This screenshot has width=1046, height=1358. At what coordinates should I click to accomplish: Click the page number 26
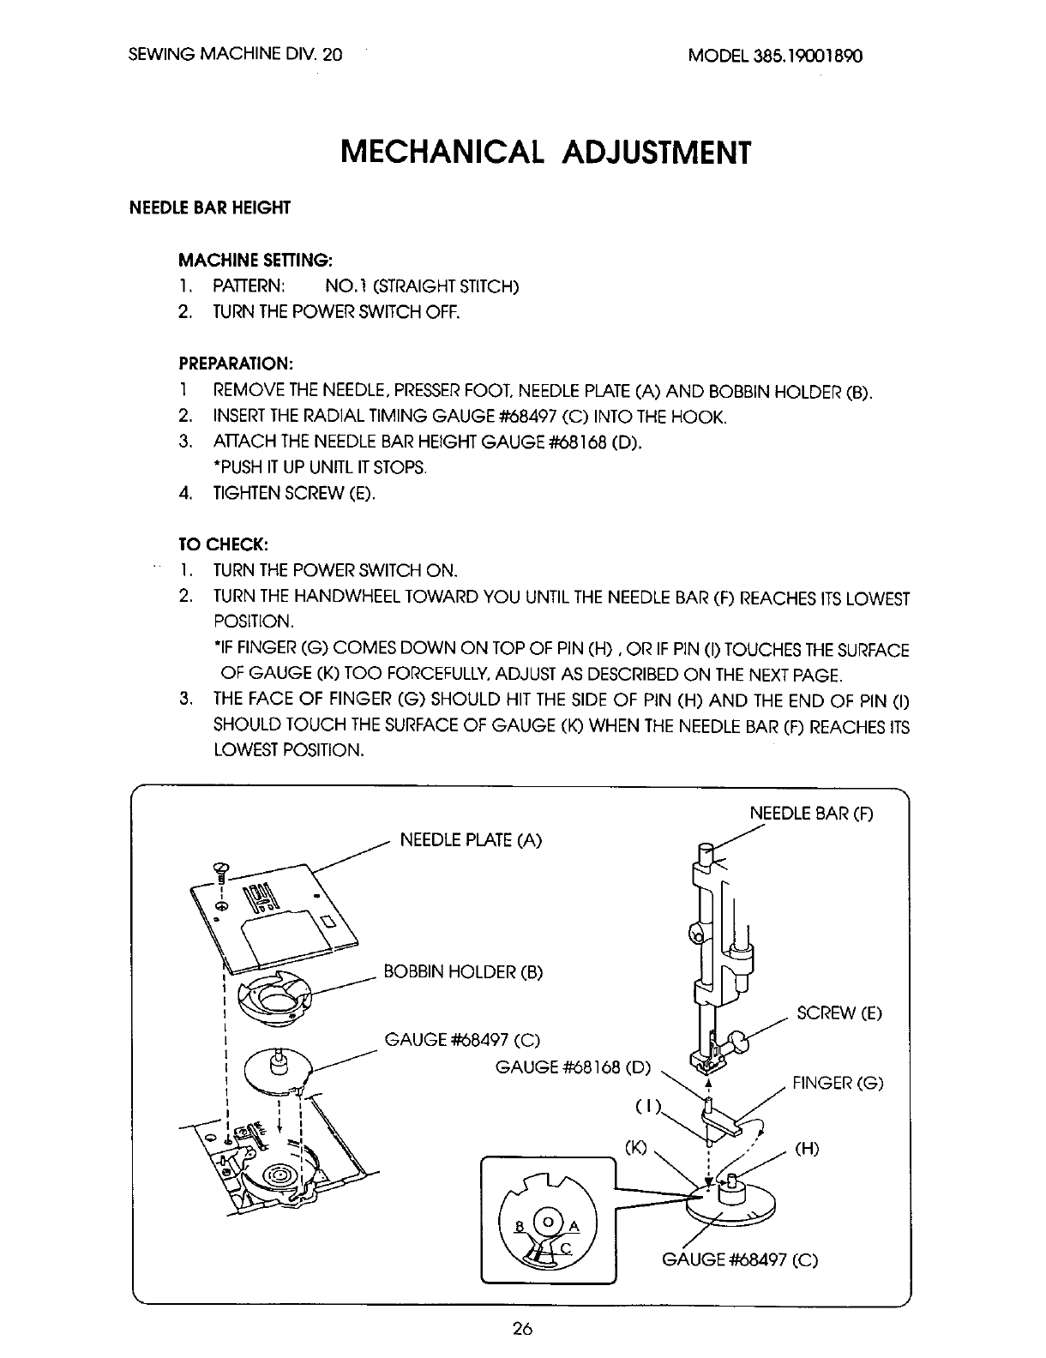coord(522,1330)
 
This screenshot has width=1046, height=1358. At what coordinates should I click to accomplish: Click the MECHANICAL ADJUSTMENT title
coord(545,152)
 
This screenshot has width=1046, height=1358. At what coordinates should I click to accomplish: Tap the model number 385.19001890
coord(774,55)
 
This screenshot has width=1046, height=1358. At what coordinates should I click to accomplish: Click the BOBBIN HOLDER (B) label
coord(464,971)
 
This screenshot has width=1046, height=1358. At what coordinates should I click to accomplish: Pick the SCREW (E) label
coord(839,1013)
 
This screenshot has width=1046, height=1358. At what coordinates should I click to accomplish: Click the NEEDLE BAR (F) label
coord(811,813)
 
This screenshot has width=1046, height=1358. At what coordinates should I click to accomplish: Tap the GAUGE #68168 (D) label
coord(574,1068)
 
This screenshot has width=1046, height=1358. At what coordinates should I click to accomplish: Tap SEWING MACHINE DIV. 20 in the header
coord(235,55)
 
